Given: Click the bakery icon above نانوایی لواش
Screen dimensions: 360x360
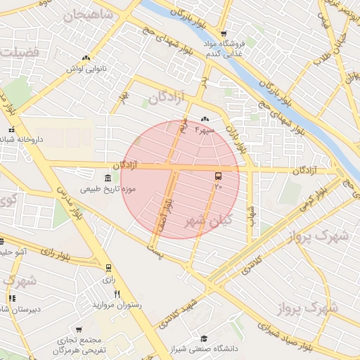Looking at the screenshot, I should pyautogui.click(x=85, y=58).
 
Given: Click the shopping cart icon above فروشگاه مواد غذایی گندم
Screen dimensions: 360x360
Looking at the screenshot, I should pyautogui.click(x=224, y=33).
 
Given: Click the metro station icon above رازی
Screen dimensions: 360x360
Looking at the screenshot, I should pyautogui.click(x=108, y=268).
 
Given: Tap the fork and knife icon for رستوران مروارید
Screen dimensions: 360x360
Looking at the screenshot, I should pyautogui.click(x=117, y=294).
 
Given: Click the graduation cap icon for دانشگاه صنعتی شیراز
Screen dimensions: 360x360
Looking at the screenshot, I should pyautogui.click(x=203, y=338).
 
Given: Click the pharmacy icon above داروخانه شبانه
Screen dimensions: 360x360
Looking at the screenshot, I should pyautogui.click(x=11, y=129).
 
